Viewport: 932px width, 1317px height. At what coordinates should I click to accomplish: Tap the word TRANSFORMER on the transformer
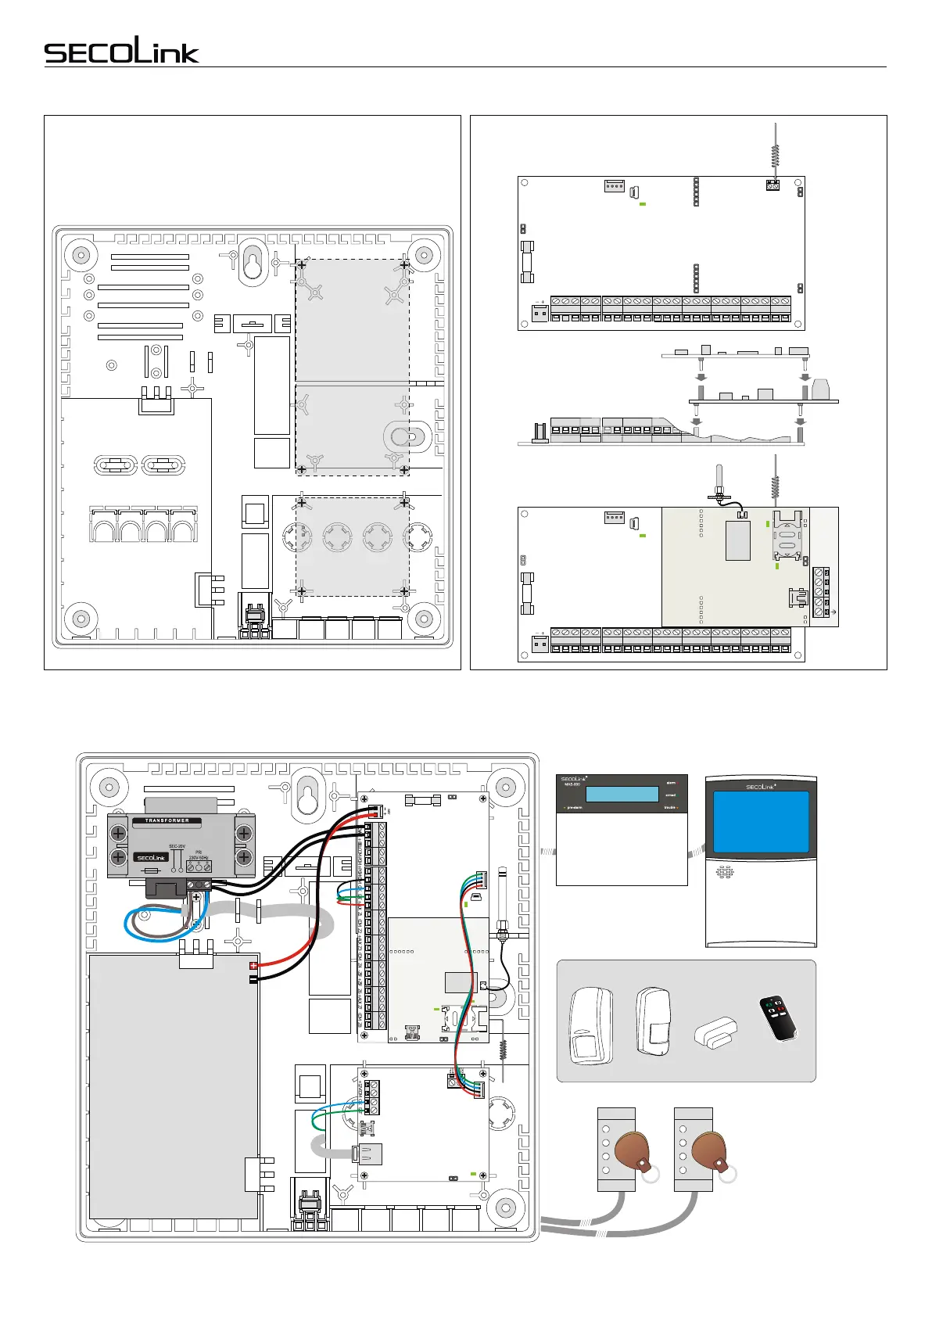coord(167,820)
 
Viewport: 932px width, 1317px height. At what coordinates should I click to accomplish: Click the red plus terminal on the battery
coord(253,966)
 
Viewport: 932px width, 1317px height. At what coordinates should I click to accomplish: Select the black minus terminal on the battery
coord(253,978)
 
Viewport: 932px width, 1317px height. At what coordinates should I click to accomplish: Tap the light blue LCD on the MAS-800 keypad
coord(622,794)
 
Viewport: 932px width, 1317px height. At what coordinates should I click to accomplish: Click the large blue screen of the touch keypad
coord(762,823)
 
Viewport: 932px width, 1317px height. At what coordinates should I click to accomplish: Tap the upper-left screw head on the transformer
coord(120,834)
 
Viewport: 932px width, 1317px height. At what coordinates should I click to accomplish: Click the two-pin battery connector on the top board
coord(539,314)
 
